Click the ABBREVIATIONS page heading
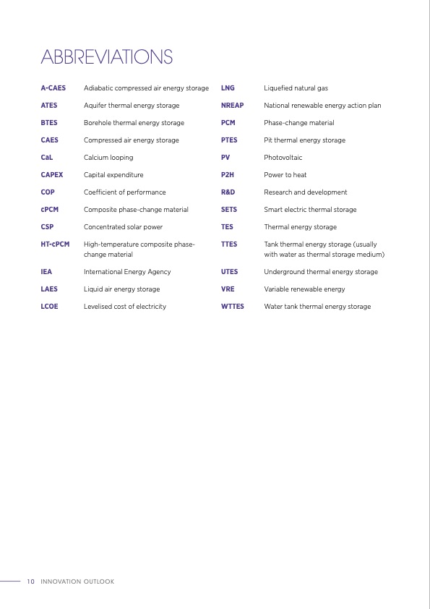tap(107, 56)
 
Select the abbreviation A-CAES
tap(53, 88)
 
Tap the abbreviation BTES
tap(49, 123)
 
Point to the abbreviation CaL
tap(47, 158)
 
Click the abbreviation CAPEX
tap(52, 175)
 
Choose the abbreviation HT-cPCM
tap(56, 244)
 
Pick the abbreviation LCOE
tap(50, 307)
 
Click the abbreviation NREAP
tap(233, 106)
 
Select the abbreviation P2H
tap(228, 175)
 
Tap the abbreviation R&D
tap(228, 192)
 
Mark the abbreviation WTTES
tap(233, 307)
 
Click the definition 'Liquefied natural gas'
tap(296, 88)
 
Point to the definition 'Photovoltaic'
tap(283, 158)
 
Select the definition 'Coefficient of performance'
tap(125, 192)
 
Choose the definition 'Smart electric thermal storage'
tap(310, 210)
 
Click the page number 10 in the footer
tap(30, 582)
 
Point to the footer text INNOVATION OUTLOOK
tap(77, 582)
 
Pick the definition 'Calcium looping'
tap(108, 158)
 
